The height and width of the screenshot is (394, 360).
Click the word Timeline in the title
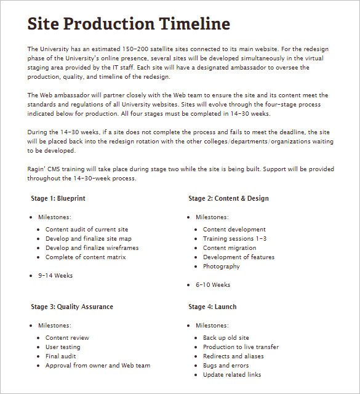[x=194, y=24]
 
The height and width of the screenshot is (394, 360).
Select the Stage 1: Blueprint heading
[x=58, y=198]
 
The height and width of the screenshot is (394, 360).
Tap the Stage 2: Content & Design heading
[x=228, y=198]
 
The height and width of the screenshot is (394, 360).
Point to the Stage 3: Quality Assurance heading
[x=72, y=307]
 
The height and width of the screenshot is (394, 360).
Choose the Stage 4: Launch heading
[x=212, y=307]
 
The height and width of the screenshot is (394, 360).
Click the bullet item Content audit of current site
[x=87, y=230]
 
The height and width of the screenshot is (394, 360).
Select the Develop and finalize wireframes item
[x=92, y=248]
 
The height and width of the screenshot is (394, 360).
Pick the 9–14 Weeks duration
[x=55, y=276]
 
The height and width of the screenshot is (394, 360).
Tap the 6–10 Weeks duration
[x=213, y=285]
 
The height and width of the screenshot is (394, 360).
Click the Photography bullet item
[x=222, y=267]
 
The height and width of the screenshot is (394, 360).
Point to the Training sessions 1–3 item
[x=234, y=239]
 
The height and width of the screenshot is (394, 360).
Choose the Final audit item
[x=60, y=356]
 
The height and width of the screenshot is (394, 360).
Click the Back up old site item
[x=226, y=338]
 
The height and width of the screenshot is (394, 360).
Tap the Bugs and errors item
[x=226, y=366]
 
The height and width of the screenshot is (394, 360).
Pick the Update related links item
[x=232, y=375]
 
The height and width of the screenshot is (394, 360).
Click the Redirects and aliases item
[x=233, y=356]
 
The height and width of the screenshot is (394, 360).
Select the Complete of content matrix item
[x=86, y=257]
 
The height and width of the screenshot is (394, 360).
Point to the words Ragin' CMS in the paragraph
[x=44, y=169]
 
